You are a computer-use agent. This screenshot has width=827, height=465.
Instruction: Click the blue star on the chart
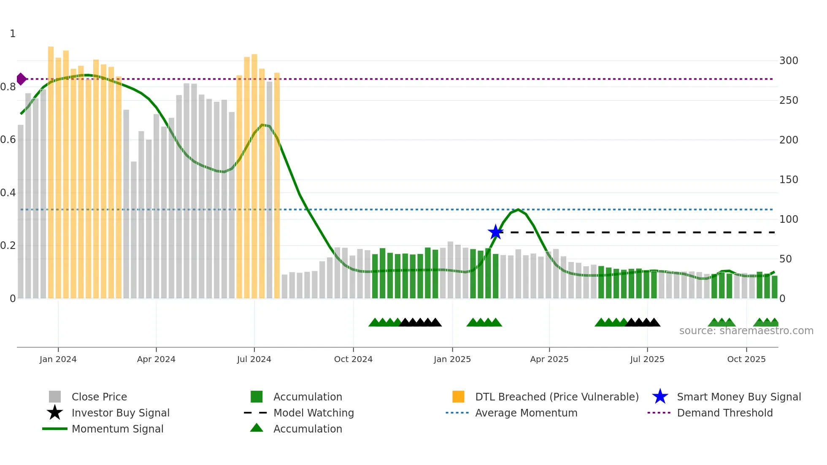[495, 232]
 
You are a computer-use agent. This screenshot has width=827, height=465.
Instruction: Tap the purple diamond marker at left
[21, 79]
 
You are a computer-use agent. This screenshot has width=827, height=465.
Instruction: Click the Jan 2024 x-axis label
[58, 359]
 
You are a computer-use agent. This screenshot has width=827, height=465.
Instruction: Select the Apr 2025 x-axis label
[549, 359]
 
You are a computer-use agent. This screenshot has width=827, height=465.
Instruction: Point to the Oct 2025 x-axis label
[746, 359]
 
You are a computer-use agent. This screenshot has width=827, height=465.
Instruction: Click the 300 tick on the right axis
[789, 61]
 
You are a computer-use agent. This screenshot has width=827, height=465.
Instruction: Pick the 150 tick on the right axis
[789, 180]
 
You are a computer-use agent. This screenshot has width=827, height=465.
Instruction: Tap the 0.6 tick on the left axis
[8, 140]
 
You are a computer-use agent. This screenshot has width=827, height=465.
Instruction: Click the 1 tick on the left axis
[13, 34]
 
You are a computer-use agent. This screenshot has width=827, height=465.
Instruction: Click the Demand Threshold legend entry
[724, 413]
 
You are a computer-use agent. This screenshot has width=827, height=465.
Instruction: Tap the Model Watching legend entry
[314, 413]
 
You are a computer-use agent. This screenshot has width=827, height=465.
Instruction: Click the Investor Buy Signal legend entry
[120, 413]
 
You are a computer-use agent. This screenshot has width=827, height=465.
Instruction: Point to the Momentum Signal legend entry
[117, 429]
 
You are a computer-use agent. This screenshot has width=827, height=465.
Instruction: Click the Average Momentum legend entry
[526, 413]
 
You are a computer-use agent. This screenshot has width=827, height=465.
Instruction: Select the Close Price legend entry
[99, 397]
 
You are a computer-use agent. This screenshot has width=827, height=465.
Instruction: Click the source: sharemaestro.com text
[746, 331]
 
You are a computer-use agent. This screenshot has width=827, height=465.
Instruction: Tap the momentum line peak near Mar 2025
[518, 210]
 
